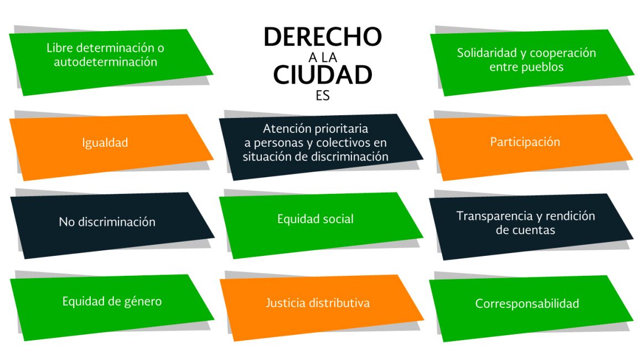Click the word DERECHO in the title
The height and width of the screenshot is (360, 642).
click(x=323, y=37)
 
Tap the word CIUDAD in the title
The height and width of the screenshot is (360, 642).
click(x=323, y=75)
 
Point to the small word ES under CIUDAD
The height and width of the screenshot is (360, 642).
click(x=323, y=95)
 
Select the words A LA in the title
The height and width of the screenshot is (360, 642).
click(x=323, y=58)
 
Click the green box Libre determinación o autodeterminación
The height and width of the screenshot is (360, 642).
click(x=111, y=62)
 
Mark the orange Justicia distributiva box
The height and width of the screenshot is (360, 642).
click(x=322, y=307)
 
